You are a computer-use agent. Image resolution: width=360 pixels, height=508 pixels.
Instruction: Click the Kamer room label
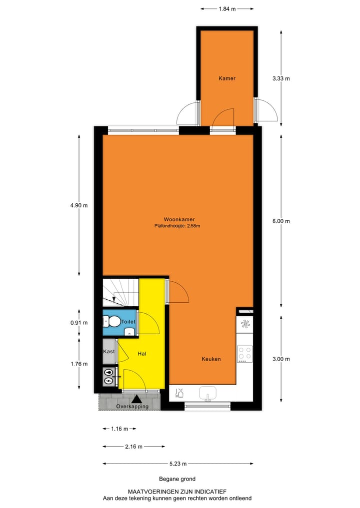coord(226,78)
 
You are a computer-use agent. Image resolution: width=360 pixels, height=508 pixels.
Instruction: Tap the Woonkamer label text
coord(178,219)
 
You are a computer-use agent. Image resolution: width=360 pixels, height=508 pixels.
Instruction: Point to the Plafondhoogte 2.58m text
coord(178,226)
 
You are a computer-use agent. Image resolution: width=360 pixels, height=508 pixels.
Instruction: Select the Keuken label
coord(211,359)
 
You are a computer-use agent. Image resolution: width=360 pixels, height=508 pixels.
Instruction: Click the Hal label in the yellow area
coord(141,354)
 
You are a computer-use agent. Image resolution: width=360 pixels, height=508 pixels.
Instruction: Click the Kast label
coord(108,351)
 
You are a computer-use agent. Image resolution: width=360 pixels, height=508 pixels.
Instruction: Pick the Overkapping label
coord(132,407)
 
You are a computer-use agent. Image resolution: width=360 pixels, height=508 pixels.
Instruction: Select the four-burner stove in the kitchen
coord(245,354)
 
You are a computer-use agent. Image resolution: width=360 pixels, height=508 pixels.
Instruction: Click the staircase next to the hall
coord(120,292)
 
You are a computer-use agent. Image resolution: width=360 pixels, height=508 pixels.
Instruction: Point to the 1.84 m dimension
coord(226,8)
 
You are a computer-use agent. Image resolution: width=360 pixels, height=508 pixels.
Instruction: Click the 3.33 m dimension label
coord(281,78)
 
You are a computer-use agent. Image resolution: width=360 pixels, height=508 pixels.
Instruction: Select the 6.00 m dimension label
coord(281,221)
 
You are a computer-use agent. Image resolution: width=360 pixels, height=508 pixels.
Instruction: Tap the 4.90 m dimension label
coord(79,205)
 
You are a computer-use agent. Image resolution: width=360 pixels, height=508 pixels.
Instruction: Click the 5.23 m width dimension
coord(178,464)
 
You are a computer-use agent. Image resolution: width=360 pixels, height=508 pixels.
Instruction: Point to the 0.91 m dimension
coord(79,323)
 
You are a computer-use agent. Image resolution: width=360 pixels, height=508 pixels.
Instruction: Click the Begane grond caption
coord(177,479)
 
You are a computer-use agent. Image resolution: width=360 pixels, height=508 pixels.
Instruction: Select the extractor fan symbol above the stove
coord(245,324)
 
